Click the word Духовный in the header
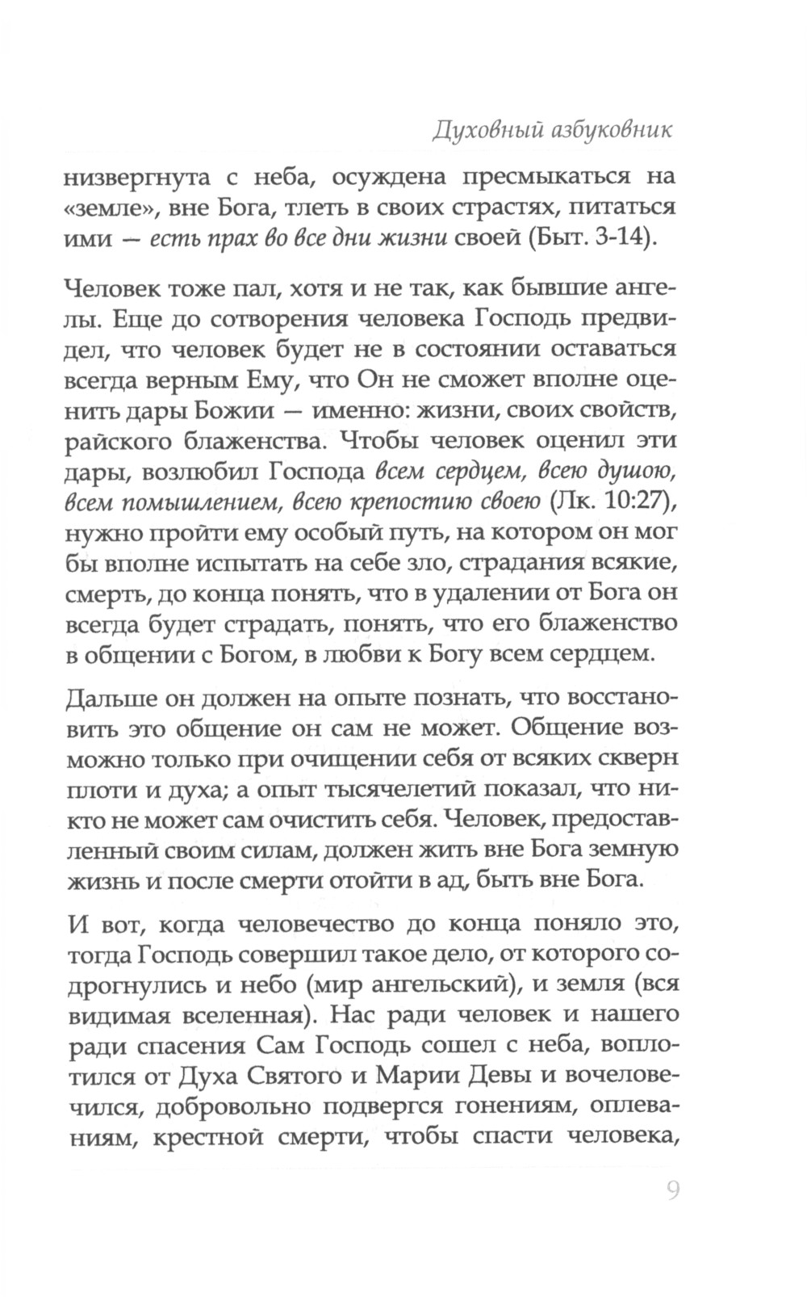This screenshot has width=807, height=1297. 479,131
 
